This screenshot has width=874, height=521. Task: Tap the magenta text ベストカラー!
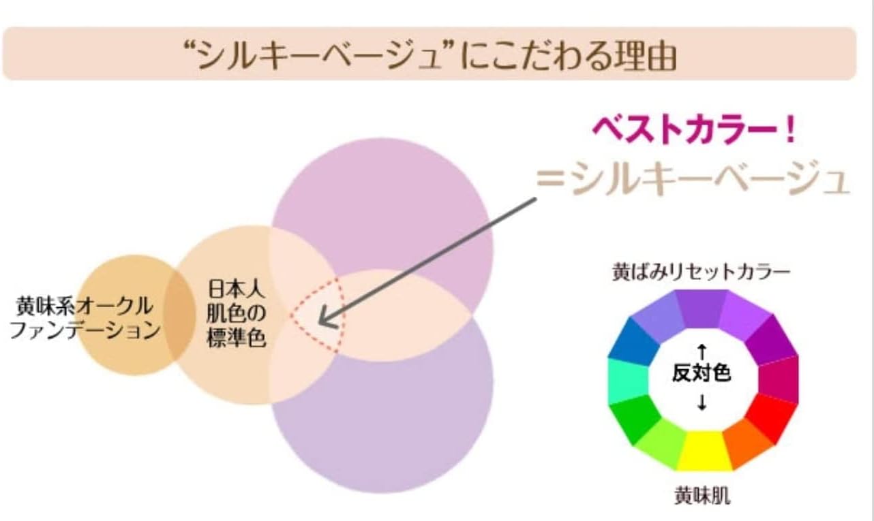tap(693, 130)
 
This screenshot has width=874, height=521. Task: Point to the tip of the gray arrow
tap(319, 321)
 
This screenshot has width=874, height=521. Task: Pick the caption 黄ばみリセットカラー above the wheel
tap(700, 272)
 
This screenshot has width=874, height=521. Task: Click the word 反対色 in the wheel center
tap(702, 374)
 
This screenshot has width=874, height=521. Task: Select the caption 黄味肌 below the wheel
tap(702, 496)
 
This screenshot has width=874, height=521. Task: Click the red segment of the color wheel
tap(770, 415)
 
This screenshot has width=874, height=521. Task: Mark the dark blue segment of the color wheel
tap(631, 338)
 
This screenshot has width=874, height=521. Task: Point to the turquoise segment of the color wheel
tap(623, 379)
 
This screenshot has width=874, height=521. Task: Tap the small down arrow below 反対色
tap(702, 402)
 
